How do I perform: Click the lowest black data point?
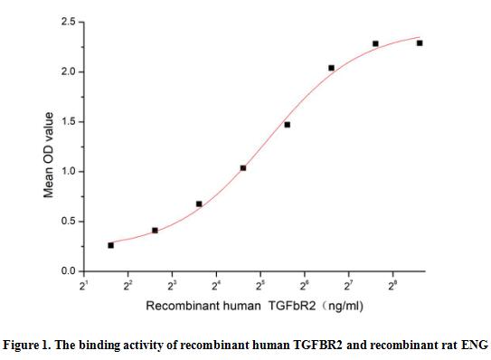pos(110,245)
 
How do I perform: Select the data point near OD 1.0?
pos(243,168)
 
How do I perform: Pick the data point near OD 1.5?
pos(288,124)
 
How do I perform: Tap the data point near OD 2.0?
pos(332,68)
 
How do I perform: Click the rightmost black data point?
pos(420,43)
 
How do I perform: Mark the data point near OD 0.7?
pos(199,204)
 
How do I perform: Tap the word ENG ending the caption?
pos(476,345)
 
